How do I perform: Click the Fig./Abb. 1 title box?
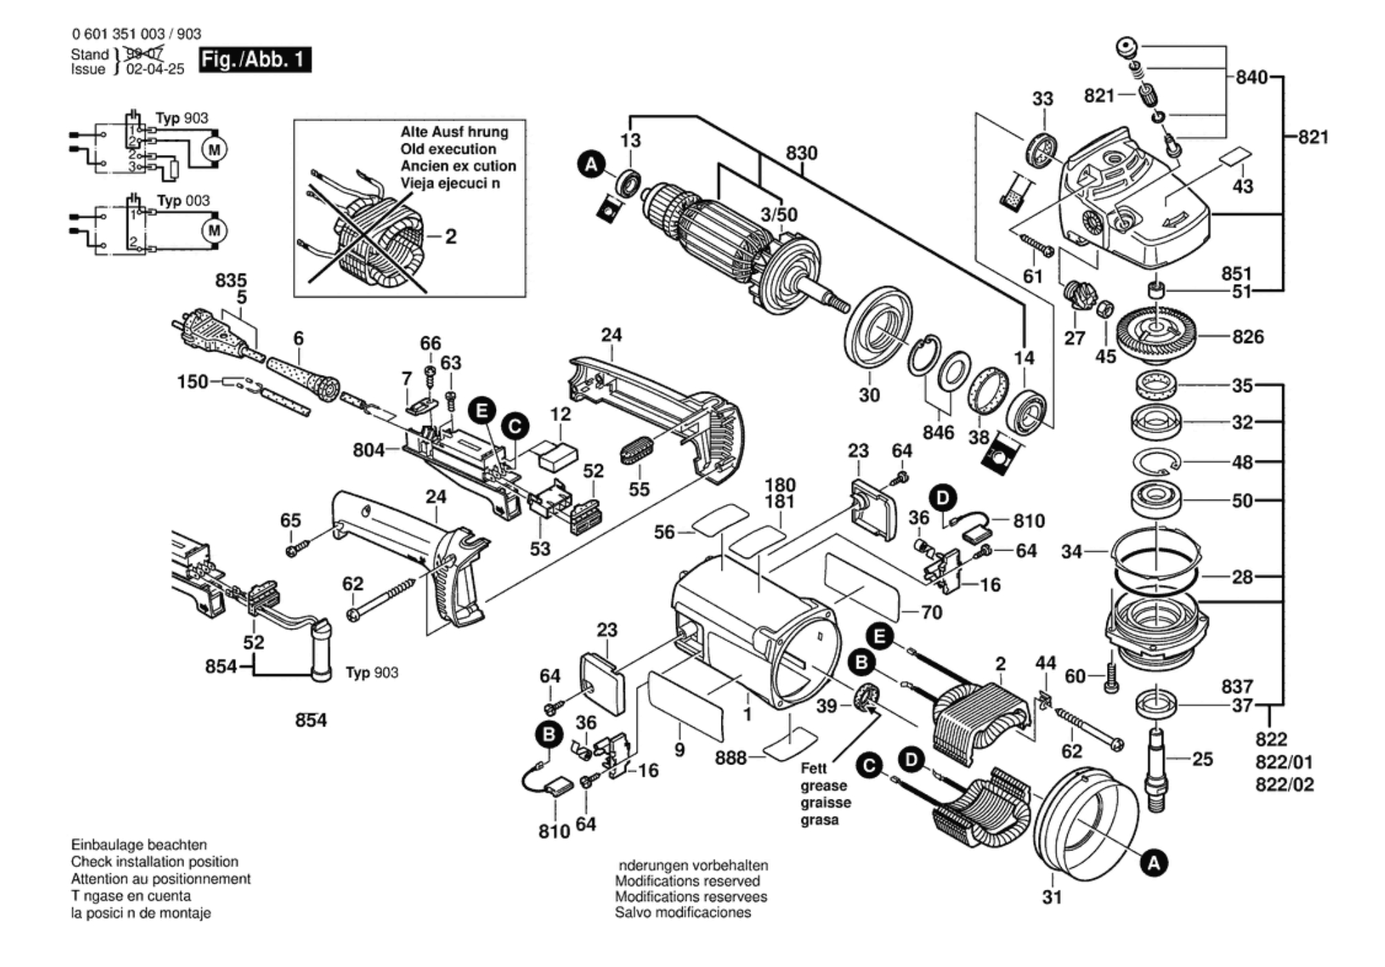255,60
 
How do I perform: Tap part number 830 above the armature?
801,153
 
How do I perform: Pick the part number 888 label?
730,758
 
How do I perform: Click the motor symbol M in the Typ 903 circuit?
214,149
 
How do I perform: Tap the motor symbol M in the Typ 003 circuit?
214,230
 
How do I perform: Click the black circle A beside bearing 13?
591,165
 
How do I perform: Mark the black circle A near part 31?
1154,863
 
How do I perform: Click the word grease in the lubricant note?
824,786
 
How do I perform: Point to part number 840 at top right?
1251,77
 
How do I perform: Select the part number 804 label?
368,450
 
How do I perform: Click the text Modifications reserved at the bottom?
687,881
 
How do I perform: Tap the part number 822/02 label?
1284,784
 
